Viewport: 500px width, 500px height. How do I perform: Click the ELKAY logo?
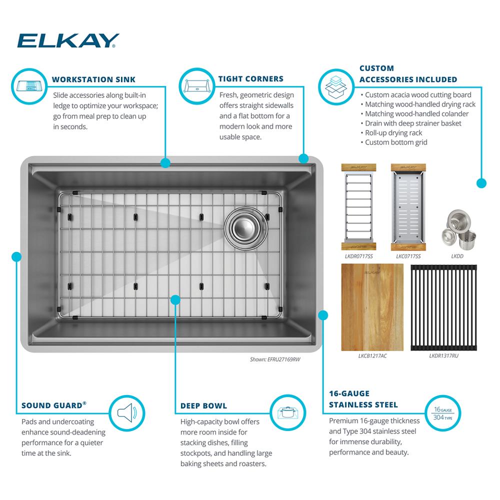[x=68, y=40]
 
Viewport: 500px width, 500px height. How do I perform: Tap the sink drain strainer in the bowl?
[x=246, y=228]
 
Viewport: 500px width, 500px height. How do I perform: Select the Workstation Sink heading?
[x=94, y=79]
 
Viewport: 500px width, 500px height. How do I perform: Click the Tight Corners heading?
[x=251, y=79]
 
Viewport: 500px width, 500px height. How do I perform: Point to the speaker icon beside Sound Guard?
[x=127, y=413]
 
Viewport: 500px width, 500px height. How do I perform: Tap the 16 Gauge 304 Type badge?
[x=443, y=413]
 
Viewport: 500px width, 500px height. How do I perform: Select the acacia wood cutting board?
[x=372, y=307]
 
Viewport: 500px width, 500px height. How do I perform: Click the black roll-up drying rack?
[x=443, y=307]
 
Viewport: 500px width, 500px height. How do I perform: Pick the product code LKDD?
[x=457, y=256]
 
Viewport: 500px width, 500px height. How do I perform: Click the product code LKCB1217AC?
[x=372, y=356]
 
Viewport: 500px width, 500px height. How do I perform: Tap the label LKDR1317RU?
[x=443, y=356]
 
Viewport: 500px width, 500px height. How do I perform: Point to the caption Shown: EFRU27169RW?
[x=275, y=359]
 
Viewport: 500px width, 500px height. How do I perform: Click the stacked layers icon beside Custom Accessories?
[x=336, y=86]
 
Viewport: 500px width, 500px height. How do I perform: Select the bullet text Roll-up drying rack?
[x=393, y=132]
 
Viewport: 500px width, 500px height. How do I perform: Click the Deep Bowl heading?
[x=204, y=406]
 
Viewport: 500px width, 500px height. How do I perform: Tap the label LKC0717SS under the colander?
[x=408, y=256]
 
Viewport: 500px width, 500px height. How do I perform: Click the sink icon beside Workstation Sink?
[x=29, y=86]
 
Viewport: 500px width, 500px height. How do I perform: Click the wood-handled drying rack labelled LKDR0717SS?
[x=358, y=207]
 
